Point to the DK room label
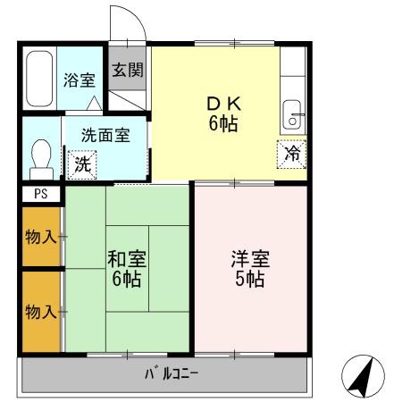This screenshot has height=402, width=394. [223, 104]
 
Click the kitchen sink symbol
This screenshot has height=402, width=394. [292, 113]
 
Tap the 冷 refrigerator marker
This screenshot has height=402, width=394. [291, 153]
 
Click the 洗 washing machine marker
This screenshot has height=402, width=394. [81, 164]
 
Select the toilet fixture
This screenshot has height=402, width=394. [38, 160]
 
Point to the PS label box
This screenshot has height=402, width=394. [39, 193]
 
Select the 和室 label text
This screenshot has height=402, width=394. [126, 259]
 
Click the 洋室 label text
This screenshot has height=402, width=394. [249, 259]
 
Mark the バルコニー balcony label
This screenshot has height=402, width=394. [165, 373]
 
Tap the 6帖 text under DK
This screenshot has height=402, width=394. [223, 125]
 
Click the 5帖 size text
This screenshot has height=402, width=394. [249, 280]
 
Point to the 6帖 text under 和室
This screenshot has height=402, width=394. [126, 280]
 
